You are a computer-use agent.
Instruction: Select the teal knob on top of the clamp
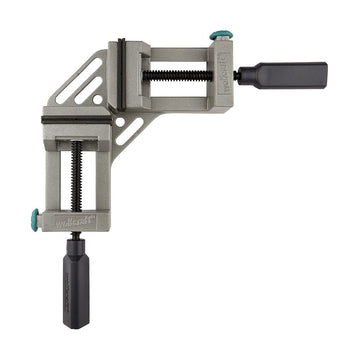[219, 36]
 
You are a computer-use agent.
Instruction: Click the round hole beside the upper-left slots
[97, 99]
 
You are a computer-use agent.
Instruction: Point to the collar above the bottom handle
[77, 243]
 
